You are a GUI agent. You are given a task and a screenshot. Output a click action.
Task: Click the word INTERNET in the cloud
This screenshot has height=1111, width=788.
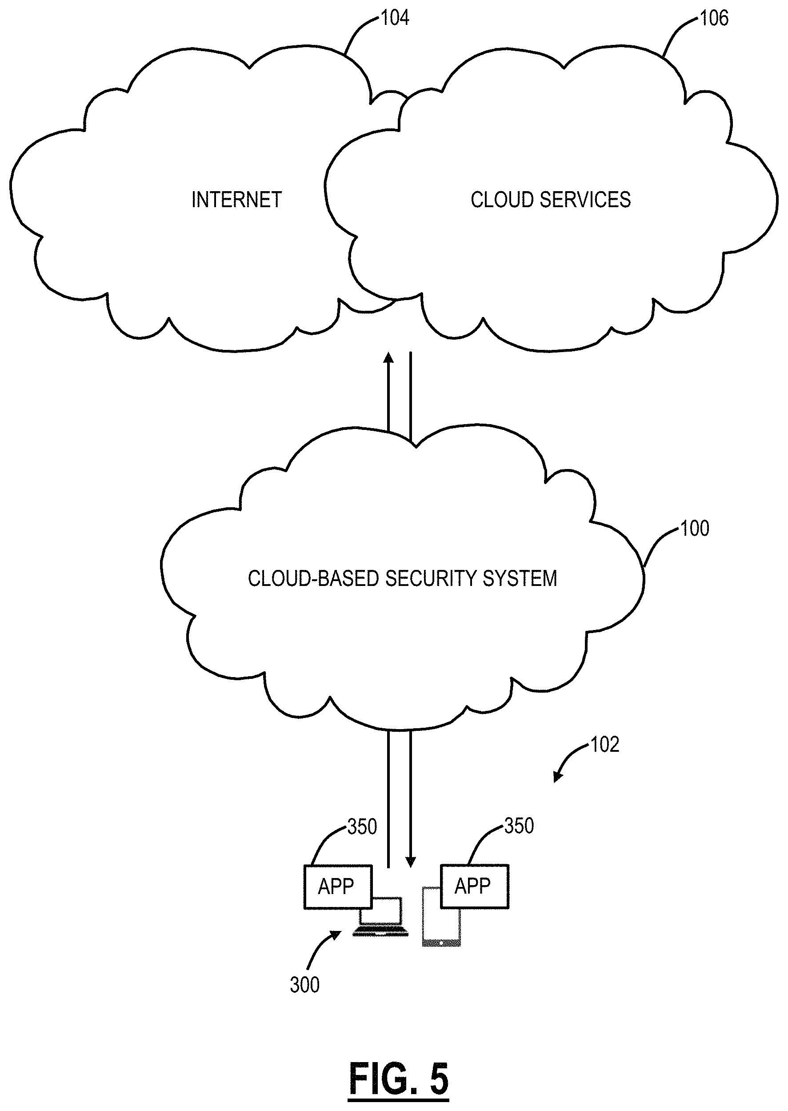point(236,200)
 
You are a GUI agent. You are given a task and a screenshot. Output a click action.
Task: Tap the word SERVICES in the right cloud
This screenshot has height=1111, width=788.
point(585,200)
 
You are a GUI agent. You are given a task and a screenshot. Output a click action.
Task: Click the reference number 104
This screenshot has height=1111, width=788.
point(395,18)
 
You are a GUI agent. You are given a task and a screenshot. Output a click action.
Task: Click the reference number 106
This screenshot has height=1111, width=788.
point(714,18)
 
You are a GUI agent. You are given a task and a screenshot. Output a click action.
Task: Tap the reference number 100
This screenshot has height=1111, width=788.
point(694,529)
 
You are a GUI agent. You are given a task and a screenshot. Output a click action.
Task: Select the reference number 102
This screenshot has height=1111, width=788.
point(604,745)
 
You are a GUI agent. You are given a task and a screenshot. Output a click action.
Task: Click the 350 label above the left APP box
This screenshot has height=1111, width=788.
point(362,827)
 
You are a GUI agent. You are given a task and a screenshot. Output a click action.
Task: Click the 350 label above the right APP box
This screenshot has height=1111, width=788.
point(519,826)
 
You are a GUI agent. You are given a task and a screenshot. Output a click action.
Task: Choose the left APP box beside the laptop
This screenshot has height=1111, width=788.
point(338,887)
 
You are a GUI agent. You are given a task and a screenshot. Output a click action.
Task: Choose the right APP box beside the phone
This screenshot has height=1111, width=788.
point(474,886)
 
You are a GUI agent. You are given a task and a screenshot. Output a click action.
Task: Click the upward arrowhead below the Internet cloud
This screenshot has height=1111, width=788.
point(388,358)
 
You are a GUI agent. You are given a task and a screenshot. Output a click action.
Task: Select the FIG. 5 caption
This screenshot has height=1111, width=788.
point(398,1079)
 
